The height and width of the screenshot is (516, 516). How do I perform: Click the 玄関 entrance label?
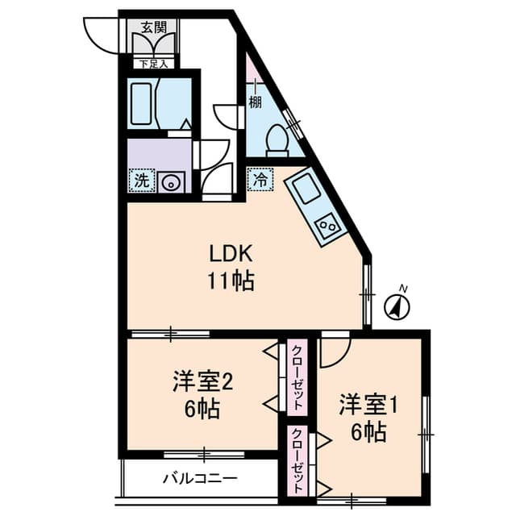[x=153, y=27]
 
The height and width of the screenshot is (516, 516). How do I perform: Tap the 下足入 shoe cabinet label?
[x=152, y=64]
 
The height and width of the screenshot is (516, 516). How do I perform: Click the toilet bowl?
[x=277, y=141]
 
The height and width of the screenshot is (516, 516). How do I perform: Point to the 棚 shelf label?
[x=255, y=102]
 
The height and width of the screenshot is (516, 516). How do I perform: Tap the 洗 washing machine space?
[x=142, y=181]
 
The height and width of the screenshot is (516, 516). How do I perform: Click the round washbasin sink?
[x=171, y=183]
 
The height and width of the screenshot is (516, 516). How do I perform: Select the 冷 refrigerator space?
[x=260, y=179]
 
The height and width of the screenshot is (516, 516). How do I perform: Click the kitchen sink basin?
[x=306, y=189]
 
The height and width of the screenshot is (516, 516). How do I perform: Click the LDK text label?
[x=231, y=254]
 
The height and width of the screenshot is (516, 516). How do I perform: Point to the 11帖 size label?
[x=231, y=281]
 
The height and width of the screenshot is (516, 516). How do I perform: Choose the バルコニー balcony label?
[x=200, y=478]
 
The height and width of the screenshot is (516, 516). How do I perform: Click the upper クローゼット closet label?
[x=298, y=377]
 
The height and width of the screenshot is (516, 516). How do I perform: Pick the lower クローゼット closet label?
[x=298, y=460]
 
